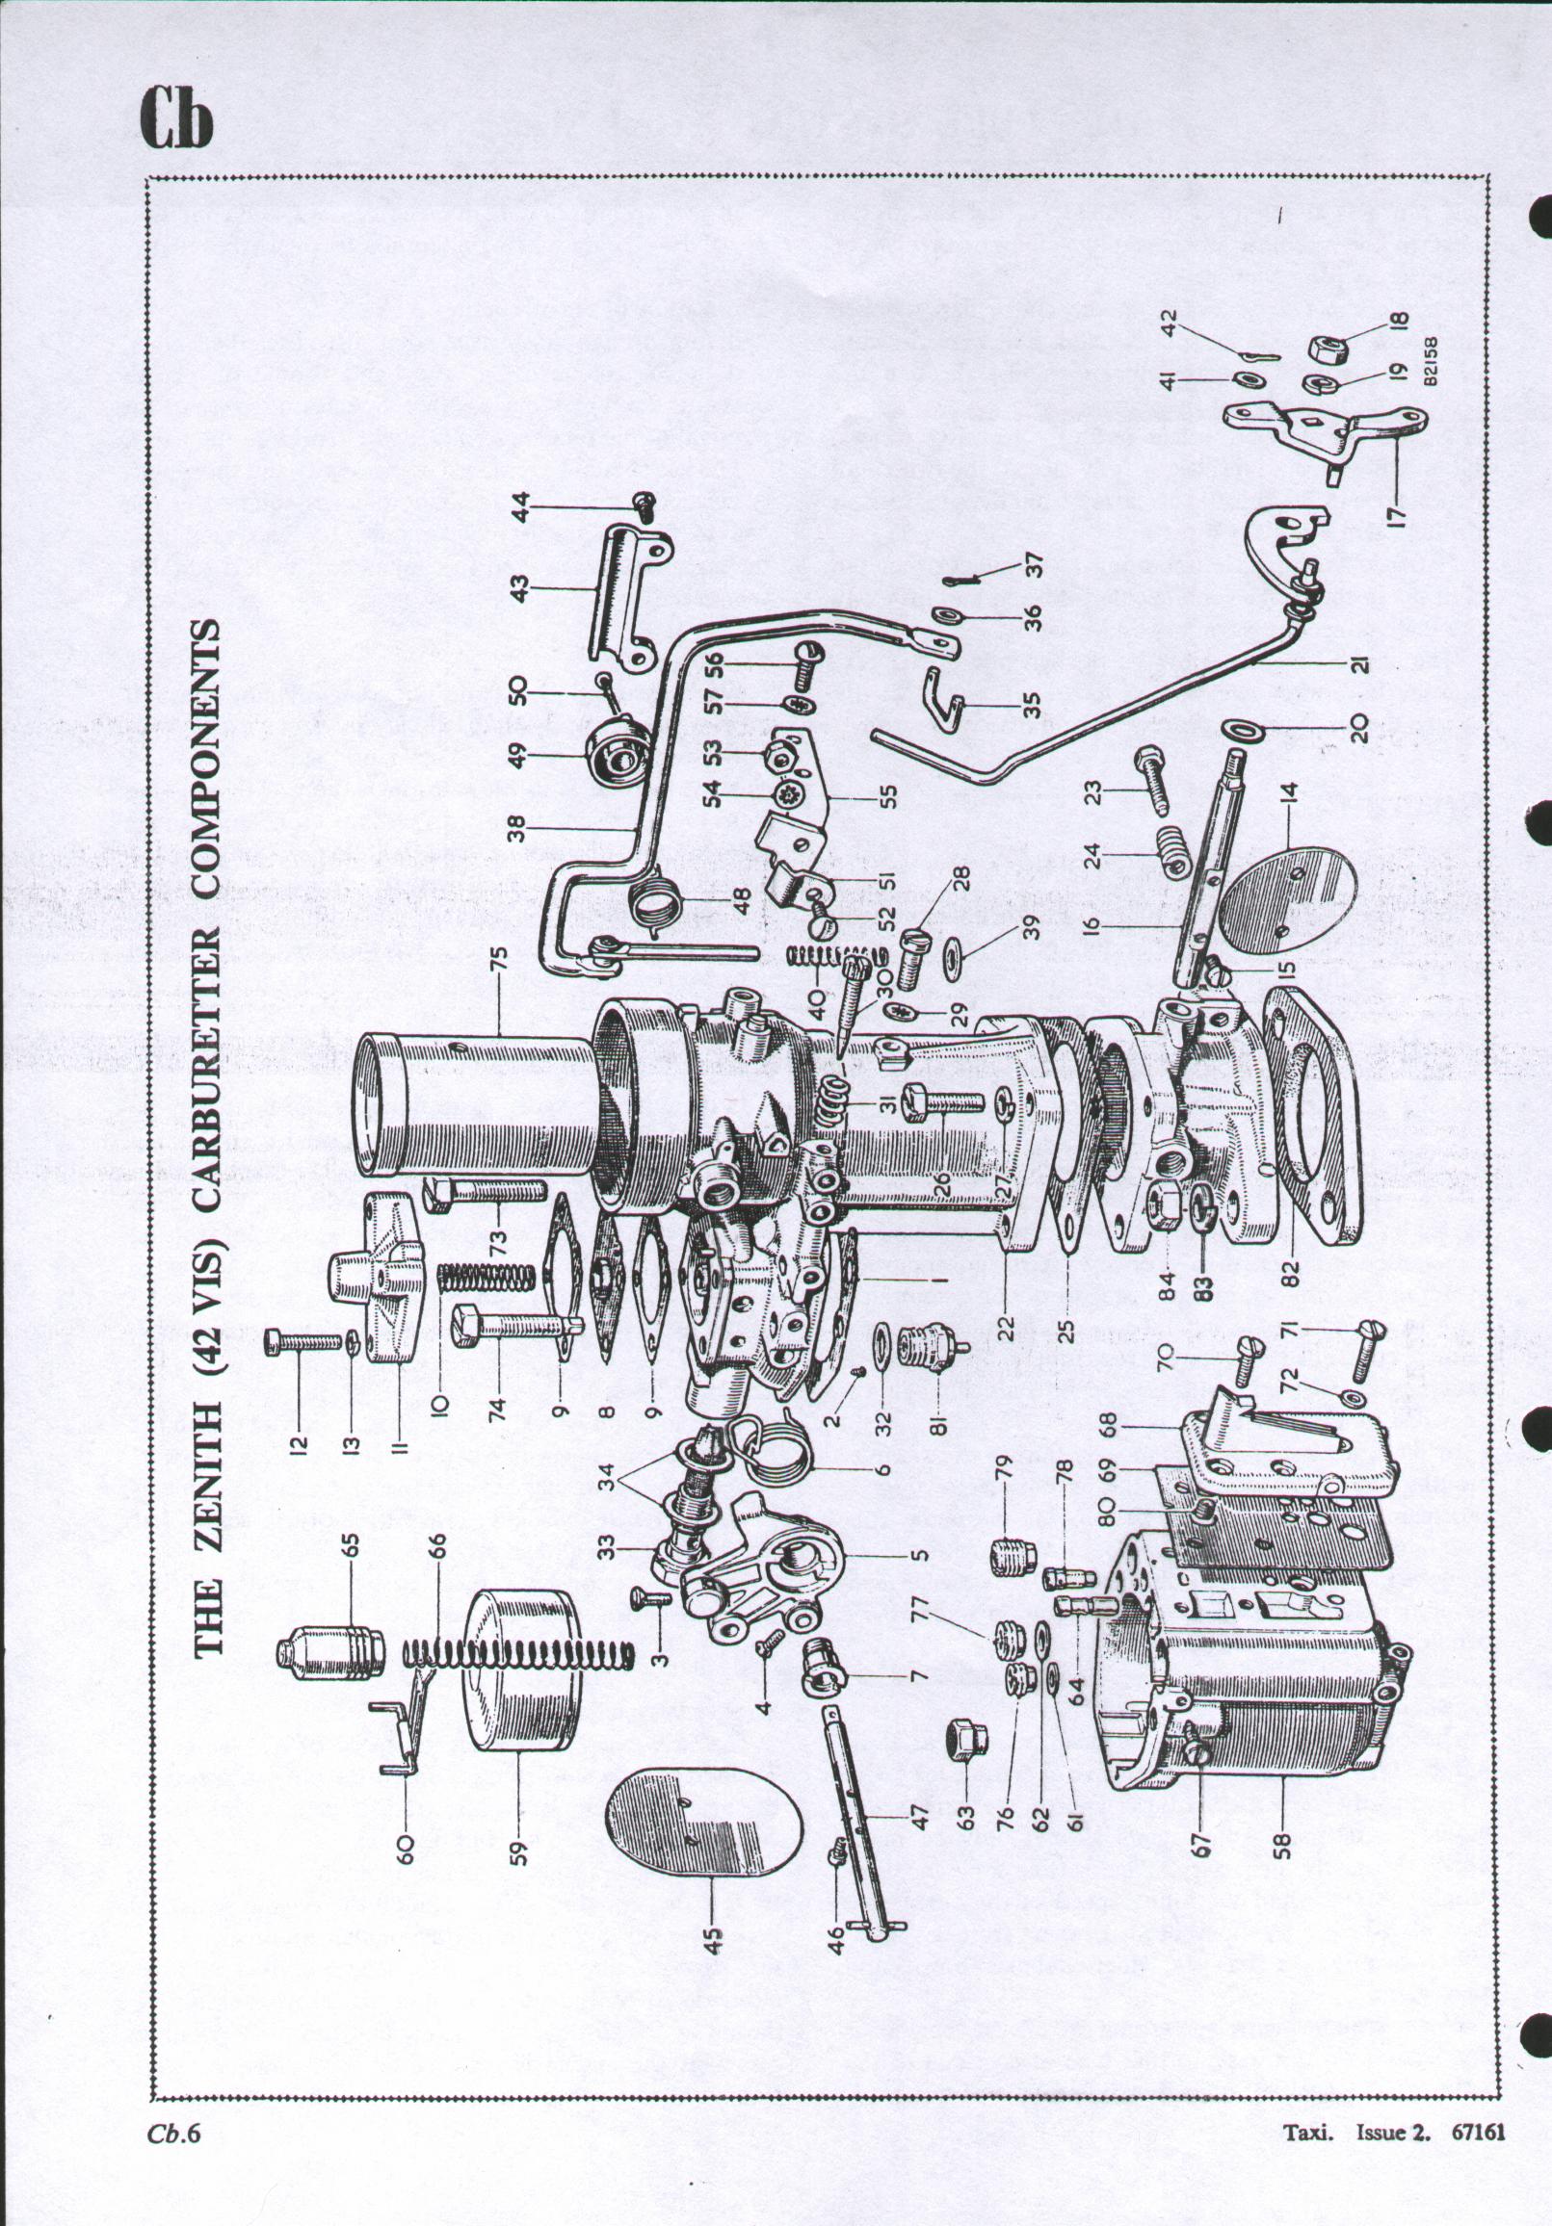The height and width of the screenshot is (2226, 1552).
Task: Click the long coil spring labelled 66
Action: point(519,1649)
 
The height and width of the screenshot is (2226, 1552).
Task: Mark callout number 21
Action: point(1360,664)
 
